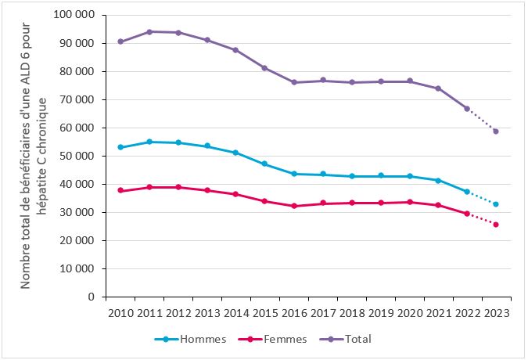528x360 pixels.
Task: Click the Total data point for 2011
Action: tap(149, 32)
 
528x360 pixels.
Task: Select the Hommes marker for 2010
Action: tap(120, 147)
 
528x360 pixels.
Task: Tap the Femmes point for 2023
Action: tap(496, 225)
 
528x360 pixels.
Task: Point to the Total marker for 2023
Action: tap(496, 131)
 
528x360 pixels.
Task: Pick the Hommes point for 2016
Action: tap(294, 174)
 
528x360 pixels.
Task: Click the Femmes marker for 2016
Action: tap(294, 206)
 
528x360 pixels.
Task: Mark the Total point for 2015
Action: tap(264, 68)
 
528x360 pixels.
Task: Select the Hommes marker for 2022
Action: tap(467, 192)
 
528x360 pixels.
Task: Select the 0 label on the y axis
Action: tap(92, 297)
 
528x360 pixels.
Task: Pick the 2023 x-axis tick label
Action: tap(496, 312)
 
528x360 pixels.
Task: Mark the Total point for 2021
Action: tap(438, 88)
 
